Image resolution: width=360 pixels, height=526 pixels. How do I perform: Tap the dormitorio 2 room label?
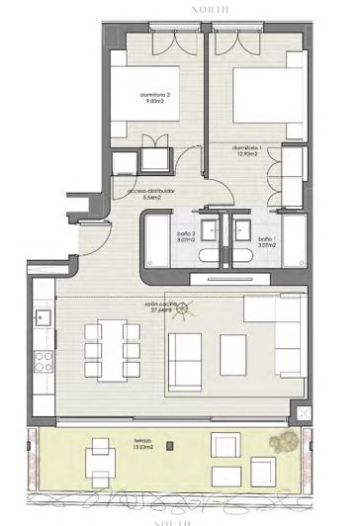coord(155,97)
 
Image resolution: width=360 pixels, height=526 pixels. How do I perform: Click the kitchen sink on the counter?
coord(43,318)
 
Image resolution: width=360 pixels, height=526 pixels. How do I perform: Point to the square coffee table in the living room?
coord(233,349)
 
